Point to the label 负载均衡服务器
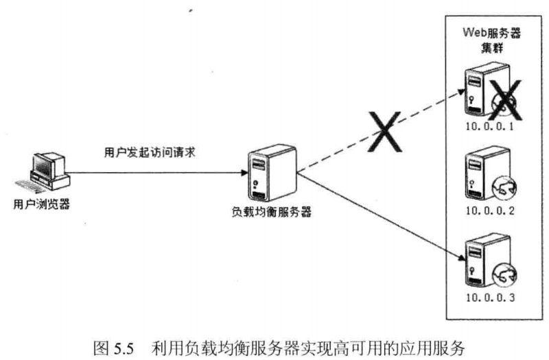point(271,212)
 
